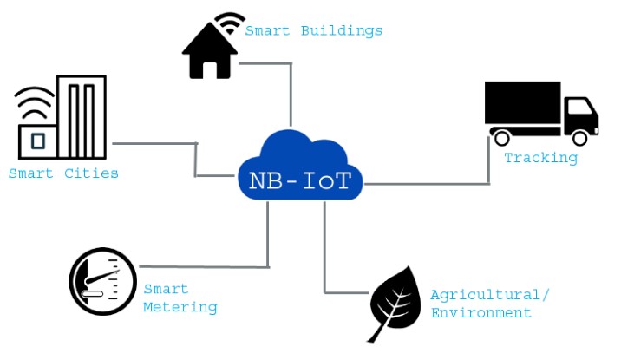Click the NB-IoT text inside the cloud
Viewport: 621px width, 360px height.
coord(300,180)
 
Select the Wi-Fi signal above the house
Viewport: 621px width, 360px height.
coord(230,23)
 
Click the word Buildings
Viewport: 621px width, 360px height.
coord(342,31)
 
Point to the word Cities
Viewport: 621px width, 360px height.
coord(91,173)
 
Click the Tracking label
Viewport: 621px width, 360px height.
coord(540,158)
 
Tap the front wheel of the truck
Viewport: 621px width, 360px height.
coord(580,138)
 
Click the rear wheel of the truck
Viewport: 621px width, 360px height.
coord(502,138)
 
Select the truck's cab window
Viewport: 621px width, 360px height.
coord(580,107)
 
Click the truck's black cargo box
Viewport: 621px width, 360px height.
coord(523,102)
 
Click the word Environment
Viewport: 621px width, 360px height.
coord(480,313)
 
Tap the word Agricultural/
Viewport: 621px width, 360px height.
coord(490,295)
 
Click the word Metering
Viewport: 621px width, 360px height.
coord(180,307)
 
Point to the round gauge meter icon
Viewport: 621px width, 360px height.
coord(103,282)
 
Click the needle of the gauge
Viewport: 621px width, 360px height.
coord(102,277)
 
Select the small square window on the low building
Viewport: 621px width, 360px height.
coord(38,141)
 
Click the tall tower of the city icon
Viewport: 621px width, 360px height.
coord(82,117)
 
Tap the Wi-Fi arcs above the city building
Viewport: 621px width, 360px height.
coord(35,102)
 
